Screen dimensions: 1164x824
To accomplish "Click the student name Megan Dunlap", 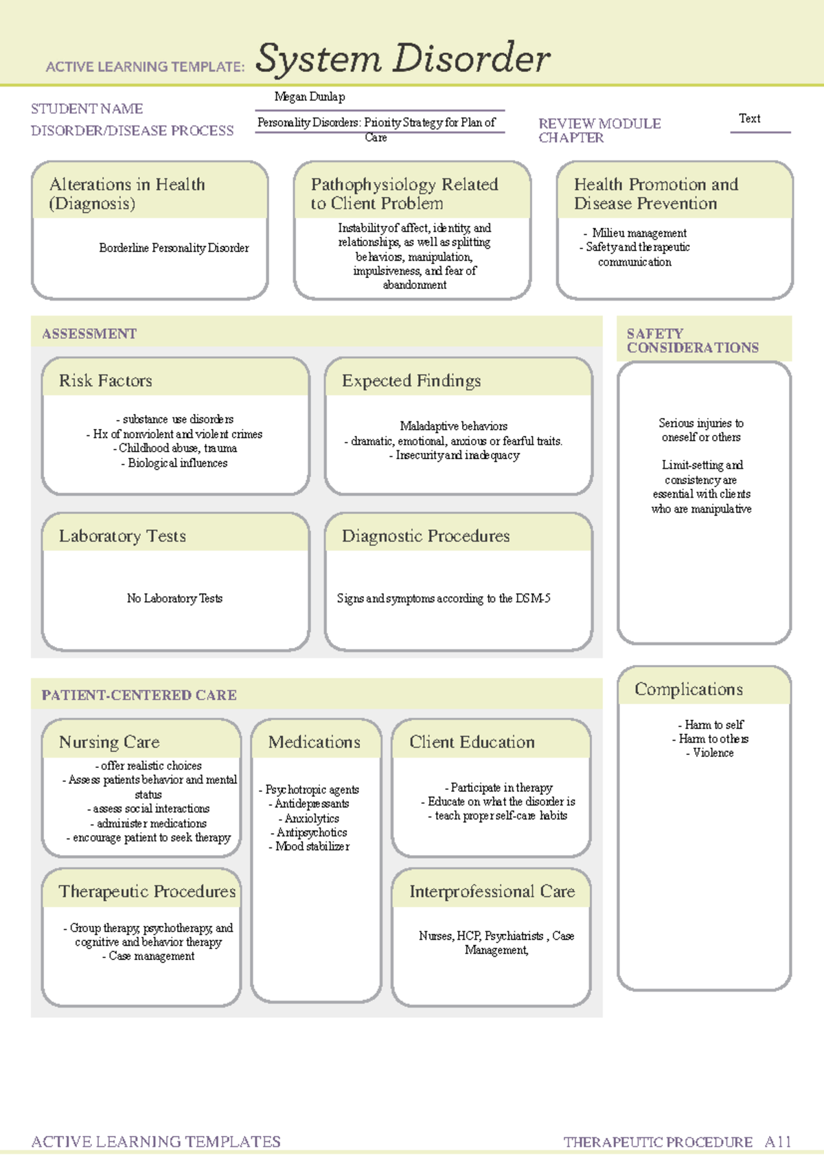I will pyautogui.click(x=310, y=97).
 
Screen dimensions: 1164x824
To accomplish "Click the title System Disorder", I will pyautogui.click(x=402, y=59).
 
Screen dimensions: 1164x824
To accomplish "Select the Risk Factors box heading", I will pyautogui.click(x=106, y=381).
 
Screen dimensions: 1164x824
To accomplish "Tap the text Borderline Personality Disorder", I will pyautogui.click(x=174, y=248).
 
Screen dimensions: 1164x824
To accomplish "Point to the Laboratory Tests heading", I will pyautogui.click(x=122, y=536).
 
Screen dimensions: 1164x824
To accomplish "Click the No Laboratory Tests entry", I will pyautogui.click(x=174, y=598).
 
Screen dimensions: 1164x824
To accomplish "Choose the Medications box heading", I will pyautogui.click(x=314, y=742).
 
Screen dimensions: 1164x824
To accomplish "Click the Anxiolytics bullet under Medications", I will pyautogui.click(x=312, y=818).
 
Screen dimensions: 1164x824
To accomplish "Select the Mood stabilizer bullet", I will pyautogui.click(x=312, y=846).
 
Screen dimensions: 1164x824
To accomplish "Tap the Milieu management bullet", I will pyautogui.click(x=639, y=233).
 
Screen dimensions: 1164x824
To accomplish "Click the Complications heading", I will pyautogui.click(x=688, y=689).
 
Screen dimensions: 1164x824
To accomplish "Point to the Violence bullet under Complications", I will pyautogui.click(x=713, y=753).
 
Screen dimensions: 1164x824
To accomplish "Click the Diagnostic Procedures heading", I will pyautogui.click(x=426, y=536).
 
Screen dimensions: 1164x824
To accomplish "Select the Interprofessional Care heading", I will pyautogui.click(x=492, y=892).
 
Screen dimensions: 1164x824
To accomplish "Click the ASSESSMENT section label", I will pyautogui.click(x=89, y=334).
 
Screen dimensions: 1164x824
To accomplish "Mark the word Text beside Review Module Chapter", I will pyautogui.click(x=749, y=119).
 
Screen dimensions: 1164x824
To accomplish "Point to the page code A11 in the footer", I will pyautogui.click(x=778, y=1142).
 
